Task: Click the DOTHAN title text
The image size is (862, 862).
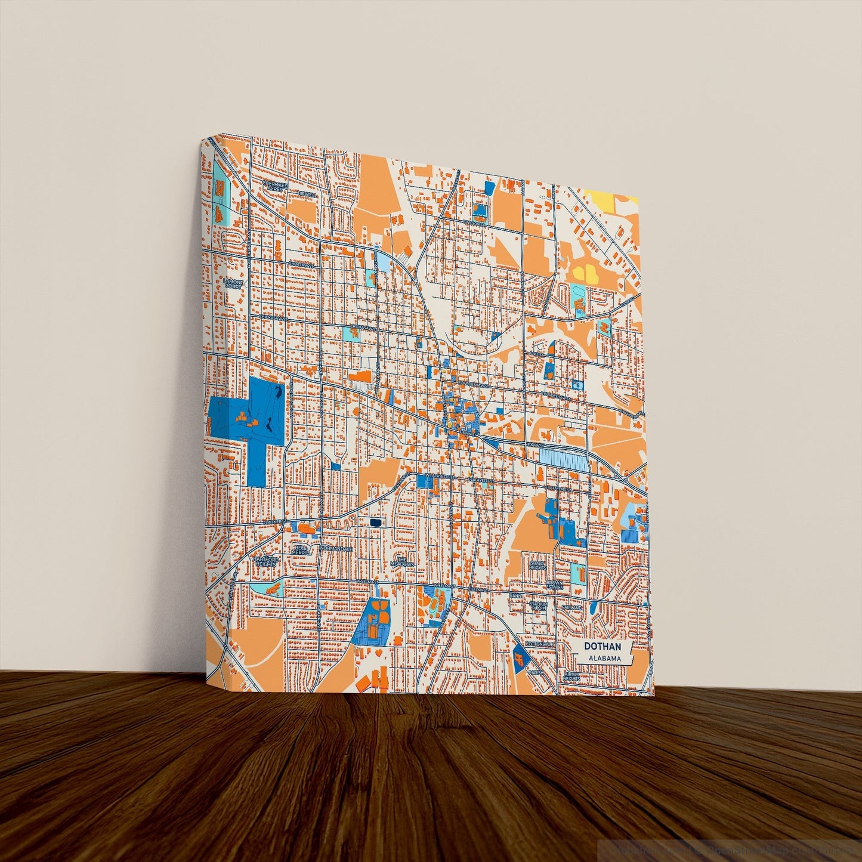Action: click(602, 647)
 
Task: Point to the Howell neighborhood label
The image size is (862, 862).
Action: click(308, 195)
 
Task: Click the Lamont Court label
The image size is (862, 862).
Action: click(233, 283)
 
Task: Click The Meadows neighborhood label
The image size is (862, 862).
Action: click(401, 562)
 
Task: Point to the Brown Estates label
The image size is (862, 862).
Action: click(554, 584)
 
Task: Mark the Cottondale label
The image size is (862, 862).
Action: click(540, 645)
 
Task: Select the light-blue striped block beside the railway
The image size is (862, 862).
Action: click(563, 458)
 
